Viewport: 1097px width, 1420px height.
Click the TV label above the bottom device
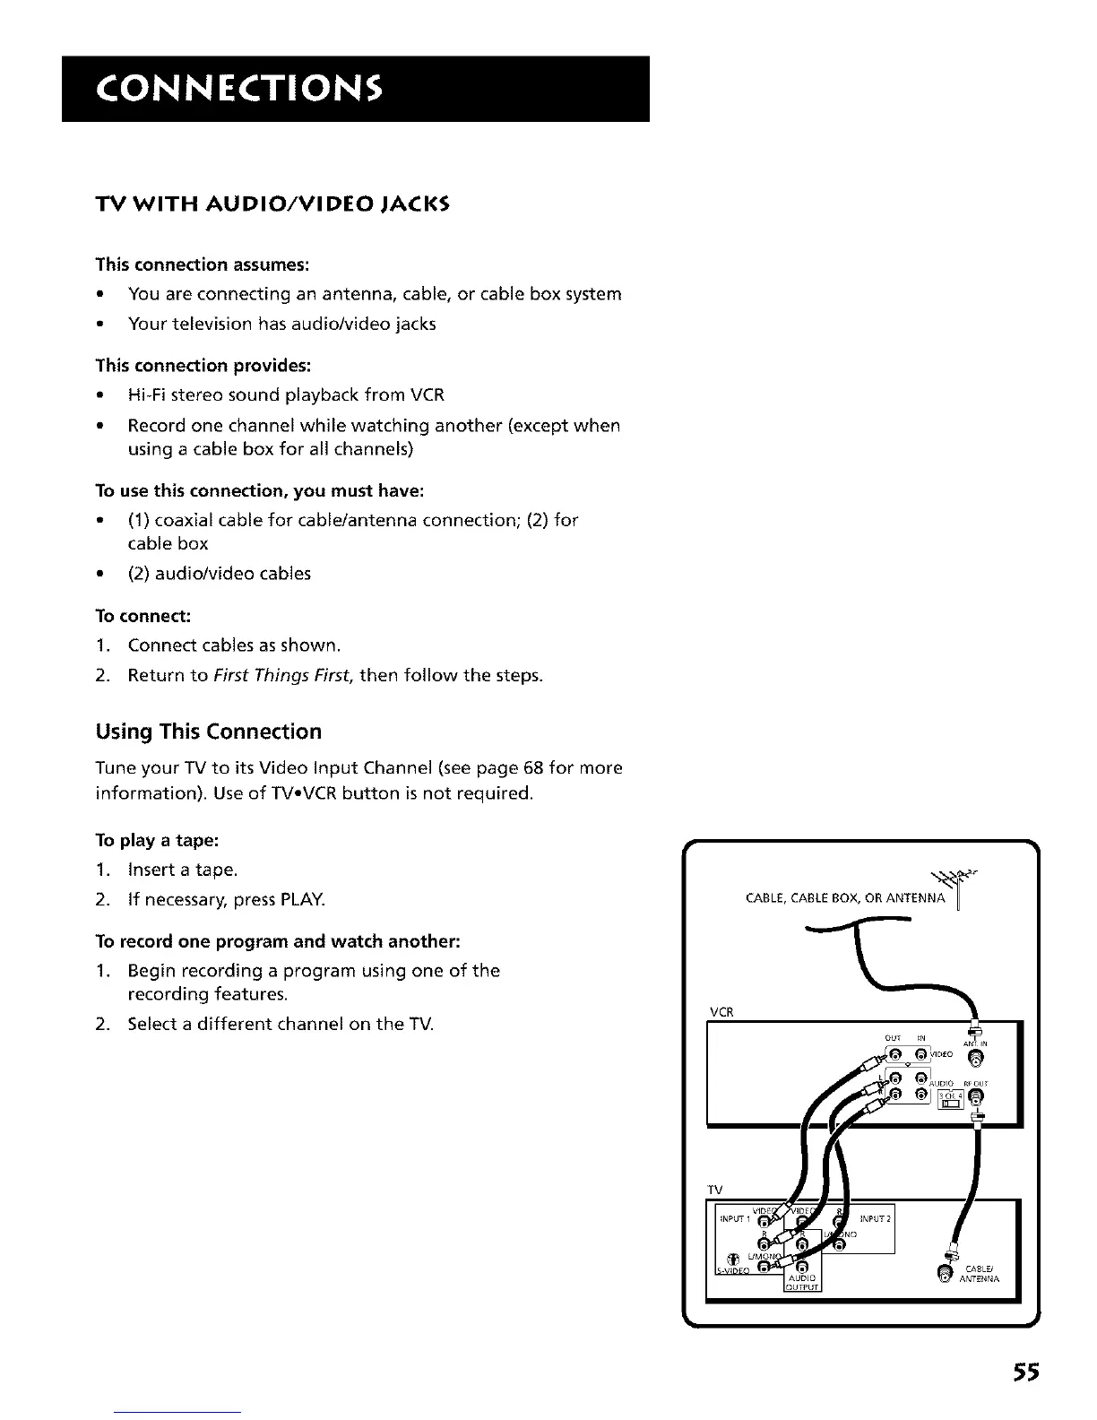715,1190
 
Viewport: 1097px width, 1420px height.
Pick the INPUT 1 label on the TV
735,1219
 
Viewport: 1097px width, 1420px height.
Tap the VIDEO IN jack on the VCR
920,1057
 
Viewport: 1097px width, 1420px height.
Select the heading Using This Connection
208,732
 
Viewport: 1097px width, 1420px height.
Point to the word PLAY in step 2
305,899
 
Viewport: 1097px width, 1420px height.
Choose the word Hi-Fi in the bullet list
146,395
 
